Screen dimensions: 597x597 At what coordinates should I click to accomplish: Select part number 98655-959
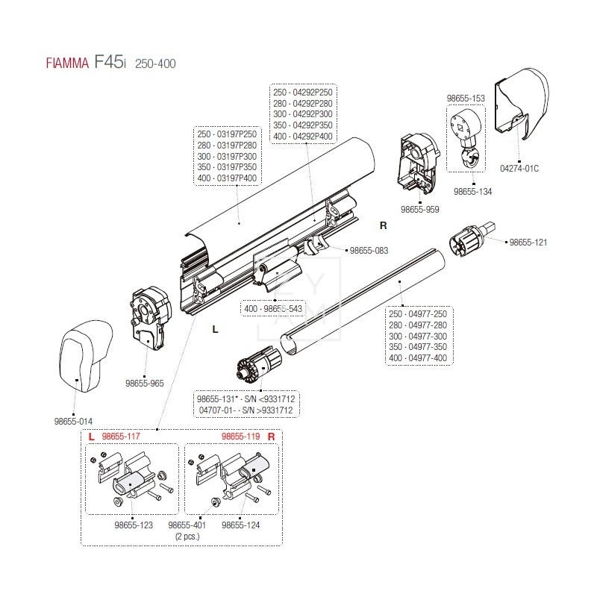pos(420,210)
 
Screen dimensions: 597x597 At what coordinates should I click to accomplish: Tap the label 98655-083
pos(369,251)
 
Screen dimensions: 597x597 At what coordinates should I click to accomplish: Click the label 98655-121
pos(528,243)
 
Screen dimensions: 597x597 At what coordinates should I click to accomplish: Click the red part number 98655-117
pos(121,436)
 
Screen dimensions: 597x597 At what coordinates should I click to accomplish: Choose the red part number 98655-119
pos(240,436)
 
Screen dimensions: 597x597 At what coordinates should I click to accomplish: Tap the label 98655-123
pos(134,525)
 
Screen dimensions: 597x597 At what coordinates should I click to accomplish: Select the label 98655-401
pos(187,525)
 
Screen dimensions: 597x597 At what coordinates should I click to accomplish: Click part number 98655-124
pos(240,525)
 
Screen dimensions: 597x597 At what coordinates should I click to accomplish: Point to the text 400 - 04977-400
pos(418,357)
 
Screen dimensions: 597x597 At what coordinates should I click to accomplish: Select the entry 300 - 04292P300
pos(303,113)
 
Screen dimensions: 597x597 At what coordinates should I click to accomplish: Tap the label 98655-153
pos(466,97)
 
